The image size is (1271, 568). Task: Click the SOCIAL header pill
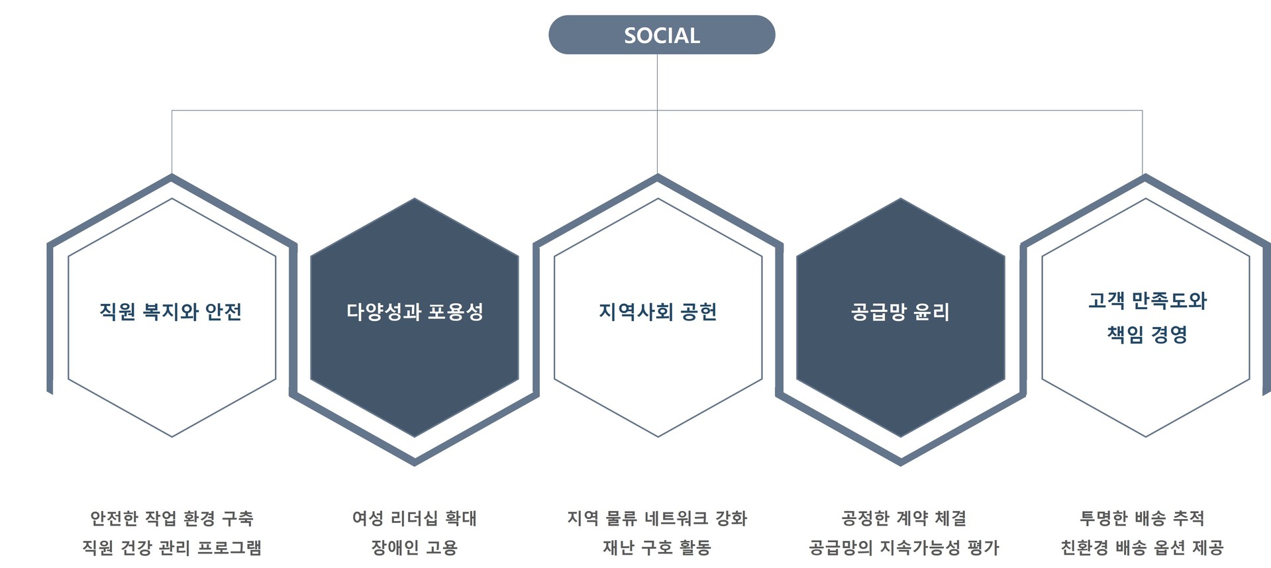(x=662, y=35)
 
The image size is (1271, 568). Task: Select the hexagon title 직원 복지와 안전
(x=170, y=312)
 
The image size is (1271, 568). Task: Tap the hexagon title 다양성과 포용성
(x=415, y=312)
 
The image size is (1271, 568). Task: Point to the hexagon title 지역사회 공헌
(x=658, y=312)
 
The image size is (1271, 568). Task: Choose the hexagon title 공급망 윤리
(x=900, y=312)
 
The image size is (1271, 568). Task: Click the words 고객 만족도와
(x=1147, y=301)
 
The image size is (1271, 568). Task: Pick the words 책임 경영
(x=1147, y=334)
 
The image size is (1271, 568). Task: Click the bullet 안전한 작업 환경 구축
(x=172, y=518)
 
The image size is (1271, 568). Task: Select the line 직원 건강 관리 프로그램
(x=172, y=547)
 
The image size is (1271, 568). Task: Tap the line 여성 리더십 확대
(x=415, y=518)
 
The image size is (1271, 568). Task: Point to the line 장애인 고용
(x=415, y=547)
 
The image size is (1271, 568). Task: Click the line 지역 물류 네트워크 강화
(x=657, y=518)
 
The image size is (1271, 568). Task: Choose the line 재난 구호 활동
(x=657, y=547)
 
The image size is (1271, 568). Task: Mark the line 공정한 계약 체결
(x=903, y=518)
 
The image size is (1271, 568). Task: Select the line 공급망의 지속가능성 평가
(x=903, y=547)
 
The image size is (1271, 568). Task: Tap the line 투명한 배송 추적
(x=1142, y=518)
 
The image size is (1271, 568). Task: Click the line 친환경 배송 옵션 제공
(x=1142, y=547)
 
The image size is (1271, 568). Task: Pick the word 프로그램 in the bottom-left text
(x=229, y=547)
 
